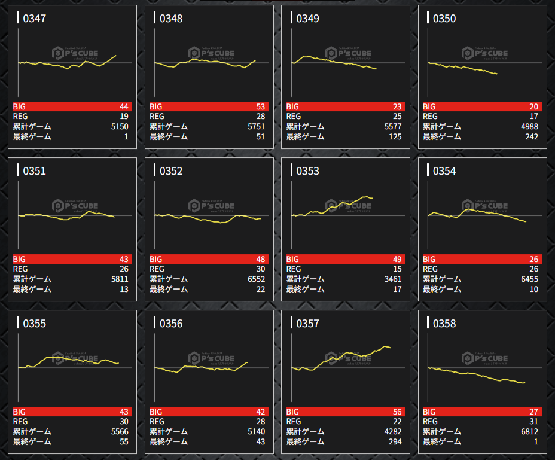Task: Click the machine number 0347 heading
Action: point(34,19)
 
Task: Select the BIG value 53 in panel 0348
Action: point(260,106)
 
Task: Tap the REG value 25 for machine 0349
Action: point(397,117)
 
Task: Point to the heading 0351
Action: point(34,171)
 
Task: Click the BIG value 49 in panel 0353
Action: point(397,259)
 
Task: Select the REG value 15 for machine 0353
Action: point(397,269)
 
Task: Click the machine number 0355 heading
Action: point(34,324)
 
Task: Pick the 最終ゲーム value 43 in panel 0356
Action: point(260,442)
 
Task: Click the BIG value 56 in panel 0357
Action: point(397,412)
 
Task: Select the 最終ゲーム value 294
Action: point(394,442)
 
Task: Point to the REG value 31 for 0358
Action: point(533,422)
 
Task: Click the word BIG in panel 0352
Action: point(156,259)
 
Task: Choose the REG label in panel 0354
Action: point(430,269)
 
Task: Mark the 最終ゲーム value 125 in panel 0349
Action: point(394,137)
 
